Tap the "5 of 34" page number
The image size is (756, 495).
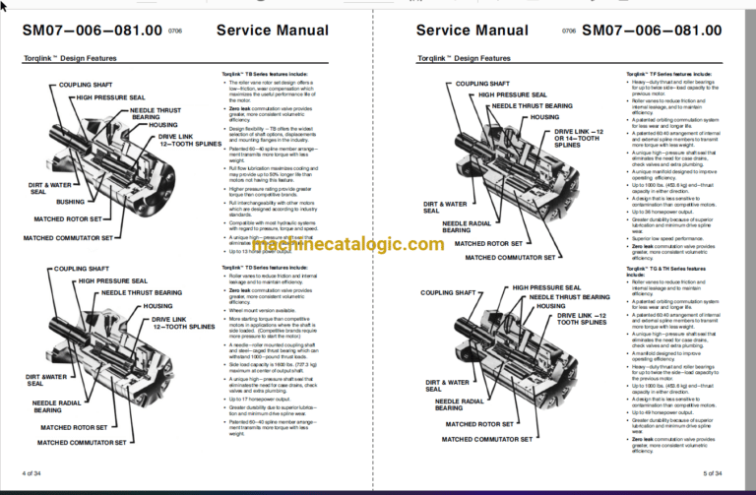click(717, 473)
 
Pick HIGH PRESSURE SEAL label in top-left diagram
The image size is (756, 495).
click(112, 97)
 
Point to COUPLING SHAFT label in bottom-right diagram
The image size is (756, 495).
click(449, 292)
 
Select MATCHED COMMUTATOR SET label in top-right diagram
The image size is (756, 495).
click(510, 257)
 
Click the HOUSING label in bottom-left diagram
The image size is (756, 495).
click(157, 306)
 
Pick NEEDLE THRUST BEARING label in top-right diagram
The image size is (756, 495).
click(532, 104)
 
